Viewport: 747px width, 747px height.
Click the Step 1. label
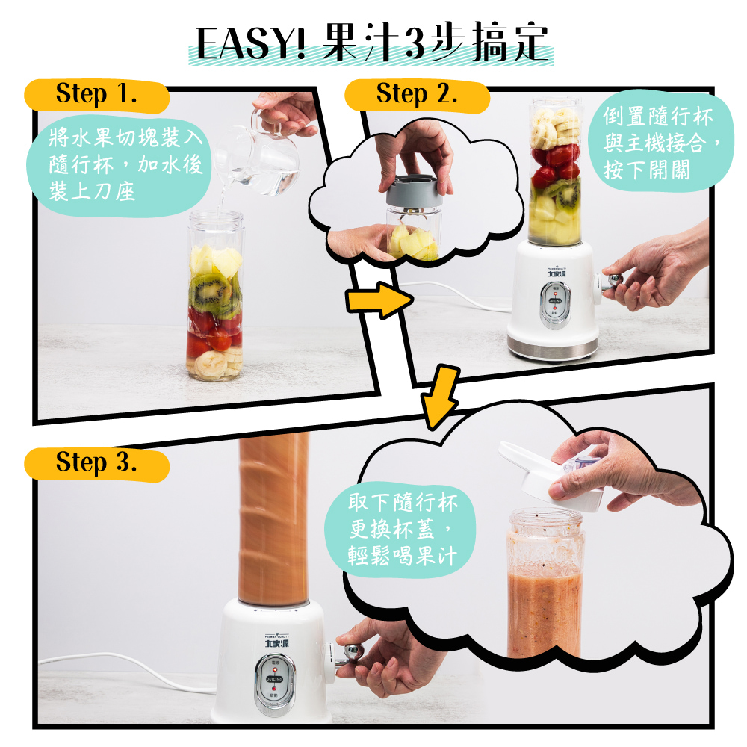point(96,95)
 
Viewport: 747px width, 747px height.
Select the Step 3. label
point(96,463)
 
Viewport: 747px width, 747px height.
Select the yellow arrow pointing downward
point(440,397)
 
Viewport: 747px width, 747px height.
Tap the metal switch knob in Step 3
point(349,654)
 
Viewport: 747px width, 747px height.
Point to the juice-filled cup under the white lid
point(545,590)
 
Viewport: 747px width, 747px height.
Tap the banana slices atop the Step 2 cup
point(554,127)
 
